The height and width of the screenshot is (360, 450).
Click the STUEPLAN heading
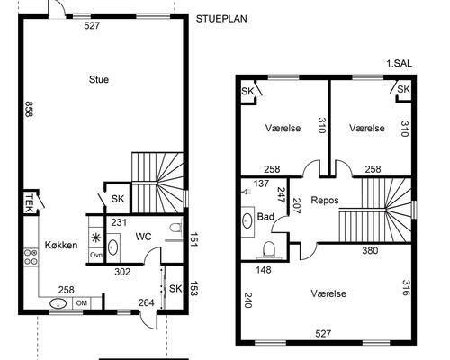click(221, 19)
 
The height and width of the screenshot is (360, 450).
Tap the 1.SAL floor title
click(400, 64)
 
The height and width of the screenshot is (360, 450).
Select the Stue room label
click(99, 80)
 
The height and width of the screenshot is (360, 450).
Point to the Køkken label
click(61, 245)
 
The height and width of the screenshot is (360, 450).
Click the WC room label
click(143, 237)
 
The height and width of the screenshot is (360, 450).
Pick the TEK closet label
click(29, 202)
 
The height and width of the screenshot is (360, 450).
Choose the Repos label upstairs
click(325, 201)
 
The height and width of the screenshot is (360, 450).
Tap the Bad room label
click(265, 217)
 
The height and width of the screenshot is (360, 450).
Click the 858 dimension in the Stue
click(29, 109)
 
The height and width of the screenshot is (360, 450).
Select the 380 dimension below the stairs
click(370, 250)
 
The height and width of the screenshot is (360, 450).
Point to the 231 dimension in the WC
click(119, 223)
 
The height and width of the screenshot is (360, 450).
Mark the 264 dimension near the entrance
click(147, 302)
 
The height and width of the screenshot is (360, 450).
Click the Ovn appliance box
click(96, 256)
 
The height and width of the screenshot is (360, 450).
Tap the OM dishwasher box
click(82, 303)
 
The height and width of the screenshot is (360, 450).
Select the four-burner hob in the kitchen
click(31, 257)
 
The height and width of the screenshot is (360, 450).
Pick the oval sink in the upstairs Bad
click(247, 220)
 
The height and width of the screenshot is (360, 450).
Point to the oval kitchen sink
click(58, 303)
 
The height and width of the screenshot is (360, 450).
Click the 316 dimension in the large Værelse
click(406, 287)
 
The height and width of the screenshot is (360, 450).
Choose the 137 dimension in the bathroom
click(261, 184)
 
